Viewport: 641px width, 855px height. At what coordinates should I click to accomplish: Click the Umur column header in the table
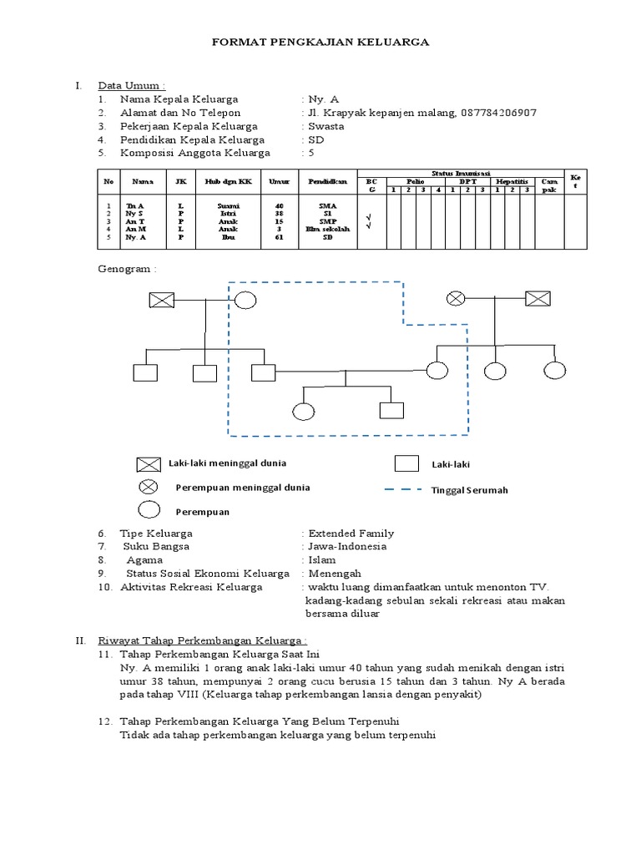279,180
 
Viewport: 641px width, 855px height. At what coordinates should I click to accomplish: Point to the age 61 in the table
279,237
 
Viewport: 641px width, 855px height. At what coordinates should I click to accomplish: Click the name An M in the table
136,229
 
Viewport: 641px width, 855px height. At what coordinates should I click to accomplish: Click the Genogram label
126,270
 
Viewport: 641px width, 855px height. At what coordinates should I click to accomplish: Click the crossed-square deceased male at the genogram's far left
160,301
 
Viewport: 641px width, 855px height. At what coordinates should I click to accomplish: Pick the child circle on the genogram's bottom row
304,412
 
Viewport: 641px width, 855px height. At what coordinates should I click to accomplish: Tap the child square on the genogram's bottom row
391,410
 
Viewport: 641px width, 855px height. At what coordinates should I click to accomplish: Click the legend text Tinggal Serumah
469,490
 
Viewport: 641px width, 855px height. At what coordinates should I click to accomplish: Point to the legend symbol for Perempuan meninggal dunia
149,487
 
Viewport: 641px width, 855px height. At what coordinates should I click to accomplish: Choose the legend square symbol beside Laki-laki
406,463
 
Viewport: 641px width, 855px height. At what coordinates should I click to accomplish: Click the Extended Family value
351,533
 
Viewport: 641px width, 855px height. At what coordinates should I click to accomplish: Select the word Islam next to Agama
322,560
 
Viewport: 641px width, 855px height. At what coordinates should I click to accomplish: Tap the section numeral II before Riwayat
80,640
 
